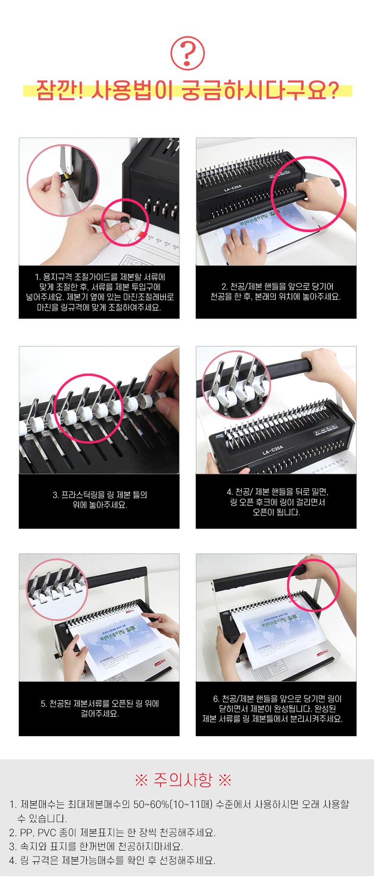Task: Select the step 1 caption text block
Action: tap(99, 292)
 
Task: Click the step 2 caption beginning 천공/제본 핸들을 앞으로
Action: tap(276, 292)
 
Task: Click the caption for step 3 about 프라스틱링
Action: tap(99, 500)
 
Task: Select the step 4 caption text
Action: tap(277, 502)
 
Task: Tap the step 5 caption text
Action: tap(100, 708)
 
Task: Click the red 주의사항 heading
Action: tap(183, 780)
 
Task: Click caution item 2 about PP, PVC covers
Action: tap(112, 832)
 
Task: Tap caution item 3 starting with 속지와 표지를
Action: tap(96, 846)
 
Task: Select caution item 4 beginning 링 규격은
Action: tap(112, 860)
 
